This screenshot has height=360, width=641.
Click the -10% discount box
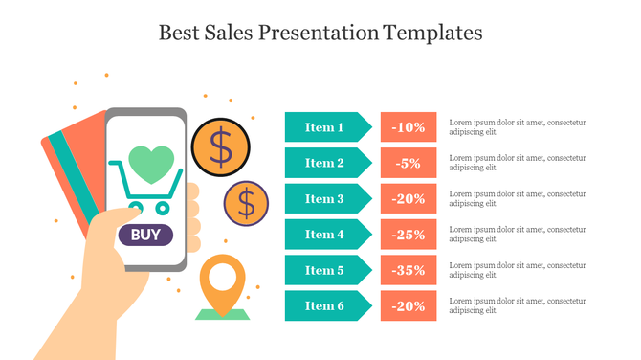coord(409,127)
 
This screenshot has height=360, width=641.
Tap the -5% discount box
coord(409,163)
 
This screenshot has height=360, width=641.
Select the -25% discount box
coord(409,235)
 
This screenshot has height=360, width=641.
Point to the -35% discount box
coord(409,270)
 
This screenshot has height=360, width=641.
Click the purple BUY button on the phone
coord(145,234)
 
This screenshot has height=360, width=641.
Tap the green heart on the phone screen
coord(151,164)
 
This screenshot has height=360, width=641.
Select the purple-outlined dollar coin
coord(247,202)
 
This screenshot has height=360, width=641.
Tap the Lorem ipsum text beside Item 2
coord(517,163)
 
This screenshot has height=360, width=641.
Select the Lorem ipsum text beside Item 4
coord(517,235)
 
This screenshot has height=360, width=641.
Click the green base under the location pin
coord(222,313)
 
